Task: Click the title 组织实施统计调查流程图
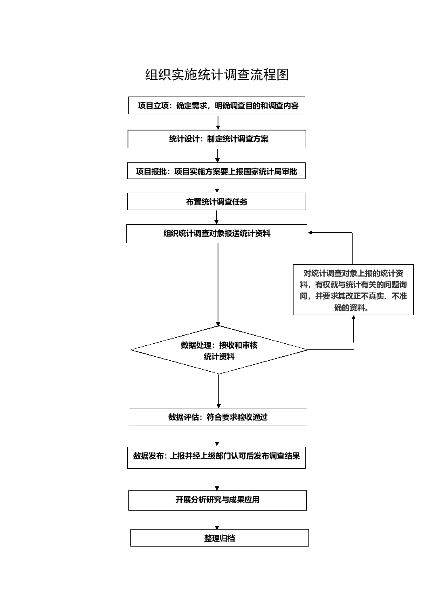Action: tap(217, 75)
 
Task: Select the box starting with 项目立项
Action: tap(217, 106)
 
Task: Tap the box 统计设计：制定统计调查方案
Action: tap(217, 139)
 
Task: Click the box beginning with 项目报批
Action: tap(217, 171)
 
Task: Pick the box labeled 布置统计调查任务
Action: tap(217, 202)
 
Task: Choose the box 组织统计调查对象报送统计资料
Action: tap(217, 233)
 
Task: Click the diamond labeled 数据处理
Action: tap(219, 350)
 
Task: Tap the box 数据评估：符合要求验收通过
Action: tap(218, 417)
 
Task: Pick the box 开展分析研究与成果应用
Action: tap(218, 500)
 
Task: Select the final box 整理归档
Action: tap(220, 538)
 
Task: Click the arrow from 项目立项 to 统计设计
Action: tap(218, 122)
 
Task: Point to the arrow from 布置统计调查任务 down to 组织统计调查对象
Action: tap(217, 217)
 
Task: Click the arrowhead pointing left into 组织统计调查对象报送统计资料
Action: tap(310, 233)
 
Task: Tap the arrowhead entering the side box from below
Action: tap(354, 318)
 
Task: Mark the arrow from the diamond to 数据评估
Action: tap(219, 391)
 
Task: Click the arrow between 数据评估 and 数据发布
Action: tap(217, 436)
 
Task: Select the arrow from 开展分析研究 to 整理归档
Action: tap(217, 520)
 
